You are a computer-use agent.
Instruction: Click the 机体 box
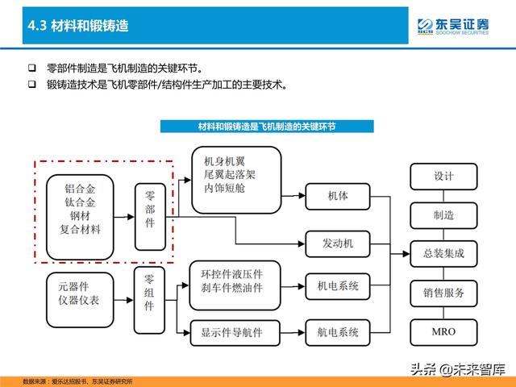[x=338, y=197]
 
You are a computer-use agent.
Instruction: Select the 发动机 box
[x=338, y=243]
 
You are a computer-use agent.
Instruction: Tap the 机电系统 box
[x=338, y=286]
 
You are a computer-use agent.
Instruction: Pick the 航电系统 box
[x=338, y=333]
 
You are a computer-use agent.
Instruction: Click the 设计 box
[x=443, y=177]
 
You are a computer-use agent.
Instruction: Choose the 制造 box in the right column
[x=443, y=215]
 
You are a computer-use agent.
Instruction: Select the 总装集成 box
[x=443, y=254]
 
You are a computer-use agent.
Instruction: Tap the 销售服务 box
[x=443, y=293]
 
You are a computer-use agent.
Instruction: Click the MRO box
[x=443, y=332]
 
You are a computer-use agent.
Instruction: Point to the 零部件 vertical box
[x=150, y=217]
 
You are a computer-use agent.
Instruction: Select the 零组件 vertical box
[x=149, y=300]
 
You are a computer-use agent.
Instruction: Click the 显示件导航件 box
[x=235, y=333]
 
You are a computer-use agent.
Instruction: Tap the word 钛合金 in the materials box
[x=80, y=202]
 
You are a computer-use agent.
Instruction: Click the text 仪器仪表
[x=79, y=301]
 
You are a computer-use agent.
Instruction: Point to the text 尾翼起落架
[x=230, y=175]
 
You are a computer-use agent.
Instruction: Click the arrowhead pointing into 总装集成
[x=406, y=254]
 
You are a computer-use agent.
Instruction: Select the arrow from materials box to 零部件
[x=124, y=217]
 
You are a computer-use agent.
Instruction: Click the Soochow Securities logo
[x=453, y=27]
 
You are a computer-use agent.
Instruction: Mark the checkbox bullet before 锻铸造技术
[x=32, y=85]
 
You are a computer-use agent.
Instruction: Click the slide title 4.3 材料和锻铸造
[x=78, y=26]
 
